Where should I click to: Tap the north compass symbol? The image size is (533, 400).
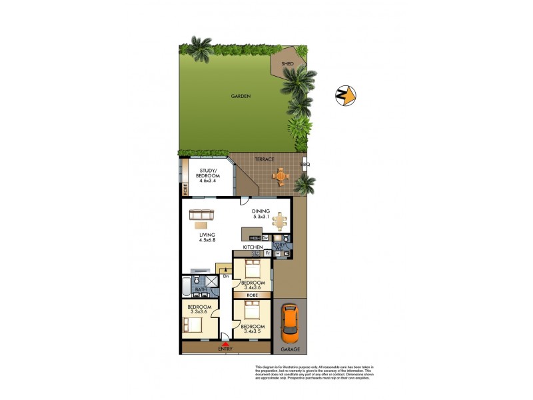[345, 96]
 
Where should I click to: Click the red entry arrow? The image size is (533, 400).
[226, 343]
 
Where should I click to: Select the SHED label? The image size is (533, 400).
[287, 64]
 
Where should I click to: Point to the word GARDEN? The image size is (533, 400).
[241, 97]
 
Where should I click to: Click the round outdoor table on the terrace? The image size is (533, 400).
[282, 177]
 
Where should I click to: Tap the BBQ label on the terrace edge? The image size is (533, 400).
[305, 164]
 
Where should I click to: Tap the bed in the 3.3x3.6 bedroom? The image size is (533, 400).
[192, 325]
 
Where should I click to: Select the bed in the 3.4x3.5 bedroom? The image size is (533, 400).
[252, 310]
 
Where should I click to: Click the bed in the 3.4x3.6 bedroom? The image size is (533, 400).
[252, 269]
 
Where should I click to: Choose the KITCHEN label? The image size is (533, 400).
[253, 247]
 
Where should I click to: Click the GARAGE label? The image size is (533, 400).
[290, 349]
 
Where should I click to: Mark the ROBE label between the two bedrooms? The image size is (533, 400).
[252, 294]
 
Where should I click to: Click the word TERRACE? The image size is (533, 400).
[265, 159]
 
